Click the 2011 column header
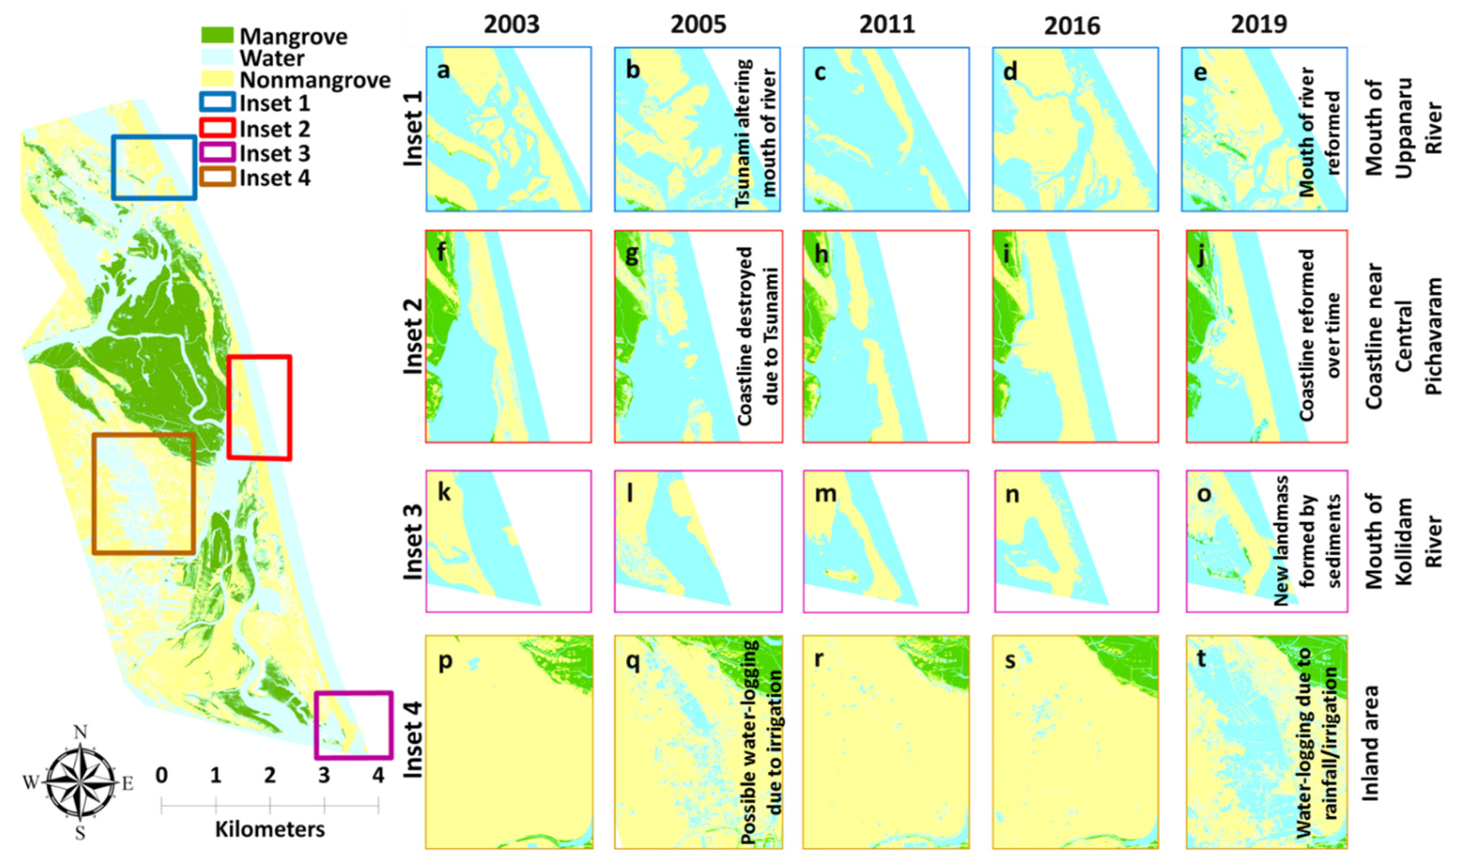pos(887,24)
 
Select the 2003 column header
pos(511,24)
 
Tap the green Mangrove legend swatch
pos(217,35)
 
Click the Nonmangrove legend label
pos(315,80)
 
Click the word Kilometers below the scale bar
pos(270,829)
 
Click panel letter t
pos(1201,658)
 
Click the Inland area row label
pos(1370,743)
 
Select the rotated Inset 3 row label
pos(413,542)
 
